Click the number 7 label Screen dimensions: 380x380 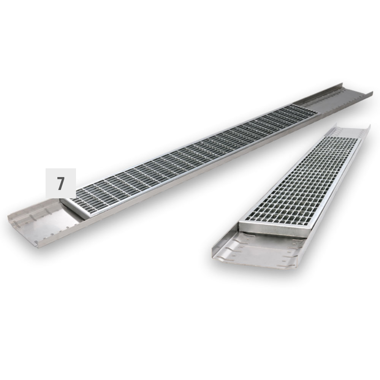(x=60, y=183)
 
